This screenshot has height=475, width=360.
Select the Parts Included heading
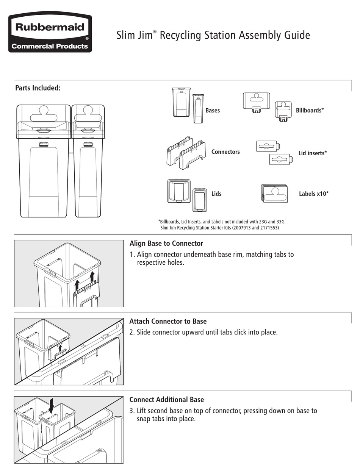38,88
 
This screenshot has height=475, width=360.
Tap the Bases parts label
213,111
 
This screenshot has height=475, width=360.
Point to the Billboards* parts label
310,111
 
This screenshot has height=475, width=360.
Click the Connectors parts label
225,152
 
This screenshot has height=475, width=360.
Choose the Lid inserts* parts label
313,153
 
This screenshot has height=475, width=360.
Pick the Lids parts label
216,194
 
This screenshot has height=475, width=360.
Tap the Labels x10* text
314,194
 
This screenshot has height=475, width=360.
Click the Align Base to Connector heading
166,244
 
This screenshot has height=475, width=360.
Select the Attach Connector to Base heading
168,322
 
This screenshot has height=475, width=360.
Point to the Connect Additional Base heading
167,400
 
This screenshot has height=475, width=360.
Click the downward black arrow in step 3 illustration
52,407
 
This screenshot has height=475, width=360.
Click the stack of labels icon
274,193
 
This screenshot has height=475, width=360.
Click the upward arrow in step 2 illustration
60,347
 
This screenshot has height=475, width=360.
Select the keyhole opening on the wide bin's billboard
43,112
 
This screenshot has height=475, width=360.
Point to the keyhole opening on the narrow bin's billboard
88,112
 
